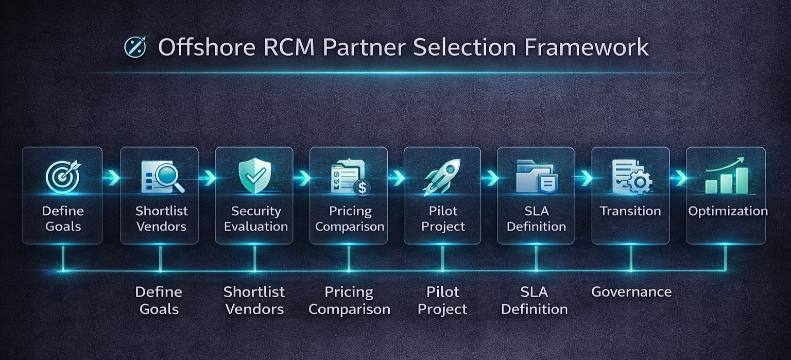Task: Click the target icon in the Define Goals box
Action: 62,177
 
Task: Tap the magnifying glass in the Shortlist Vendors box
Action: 170,177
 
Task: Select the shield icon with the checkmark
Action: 254,176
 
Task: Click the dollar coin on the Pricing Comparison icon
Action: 362,188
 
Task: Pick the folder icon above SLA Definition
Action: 536,176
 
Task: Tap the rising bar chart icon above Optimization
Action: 726,176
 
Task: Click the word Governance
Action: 631,292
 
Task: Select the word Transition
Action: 630,211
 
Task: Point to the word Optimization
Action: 728,211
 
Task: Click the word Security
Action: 256,211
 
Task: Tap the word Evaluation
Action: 256,227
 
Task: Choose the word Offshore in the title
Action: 207,47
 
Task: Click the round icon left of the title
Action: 135,47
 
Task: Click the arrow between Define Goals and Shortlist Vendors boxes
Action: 112,178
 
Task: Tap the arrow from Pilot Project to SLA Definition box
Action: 490,178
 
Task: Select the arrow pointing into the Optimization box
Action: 679,178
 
